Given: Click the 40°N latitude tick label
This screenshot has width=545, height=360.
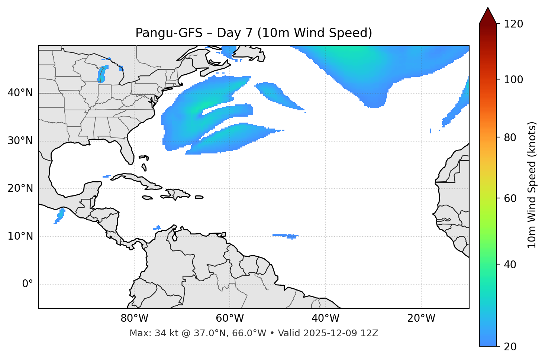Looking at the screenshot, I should tap(20, 93).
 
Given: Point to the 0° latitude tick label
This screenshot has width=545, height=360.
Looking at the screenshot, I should tap(27, 284).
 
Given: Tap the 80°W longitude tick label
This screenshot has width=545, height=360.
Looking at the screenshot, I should tap(134, 318).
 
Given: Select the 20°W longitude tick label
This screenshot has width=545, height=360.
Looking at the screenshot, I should tap(421, 318).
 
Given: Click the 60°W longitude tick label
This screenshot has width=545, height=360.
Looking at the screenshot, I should tap(230, 318).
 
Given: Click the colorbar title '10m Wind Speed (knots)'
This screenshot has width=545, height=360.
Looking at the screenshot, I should tap(532, 185).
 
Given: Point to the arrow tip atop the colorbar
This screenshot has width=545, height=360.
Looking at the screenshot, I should tap(488, 8).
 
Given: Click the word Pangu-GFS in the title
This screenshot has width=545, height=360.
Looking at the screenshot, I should tap(169, 33).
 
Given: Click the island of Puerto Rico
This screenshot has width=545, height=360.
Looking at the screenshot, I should tap(199, 197).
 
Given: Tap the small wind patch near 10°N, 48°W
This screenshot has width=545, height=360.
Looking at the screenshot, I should tap(286, 236).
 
